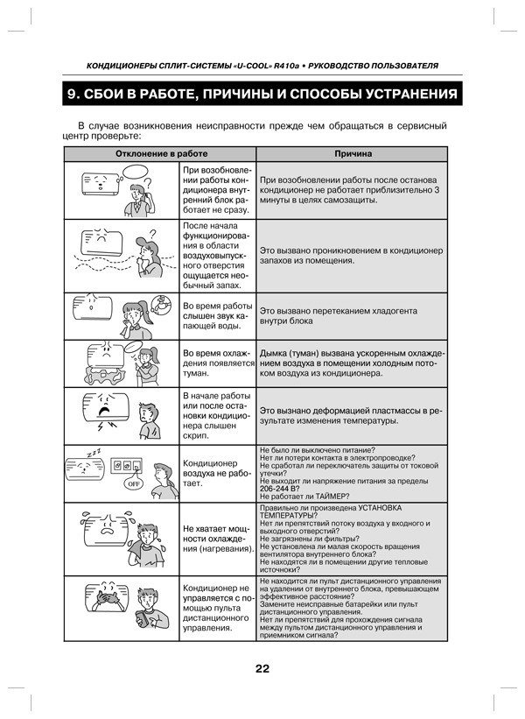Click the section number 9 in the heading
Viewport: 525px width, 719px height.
point(75,94)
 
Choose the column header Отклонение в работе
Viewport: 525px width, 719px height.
point(162,154)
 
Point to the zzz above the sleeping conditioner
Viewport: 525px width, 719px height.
point(94,451)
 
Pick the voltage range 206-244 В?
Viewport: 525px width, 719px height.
point(284,489)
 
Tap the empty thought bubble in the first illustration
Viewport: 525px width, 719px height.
point(149,183)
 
